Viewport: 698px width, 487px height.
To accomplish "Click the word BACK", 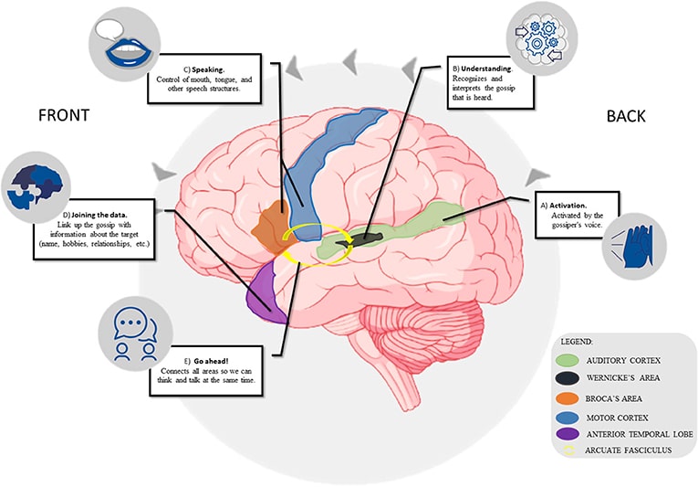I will pyautogui.click(x=626, y=116).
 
